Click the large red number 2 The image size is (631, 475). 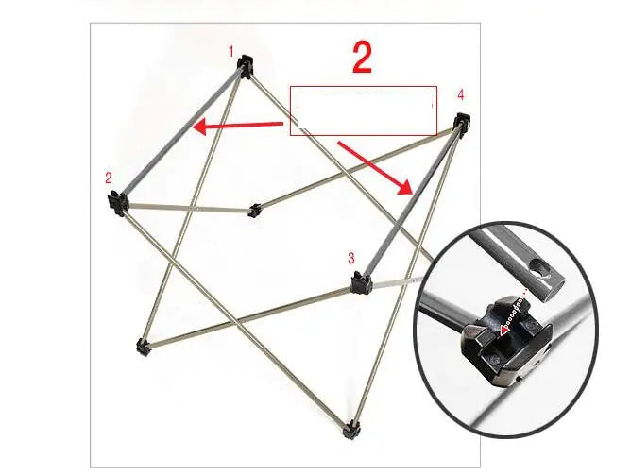pos(362,58)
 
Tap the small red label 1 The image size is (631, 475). pos(231,51)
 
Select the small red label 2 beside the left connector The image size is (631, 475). pos(109,178)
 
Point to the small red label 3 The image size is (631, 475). pos(350,258)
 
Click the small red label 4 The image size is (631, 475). pos(460,95)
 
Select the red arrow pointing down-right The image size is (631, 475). pos(377,167)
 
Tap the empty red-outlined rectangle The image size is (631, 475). pos(364,110)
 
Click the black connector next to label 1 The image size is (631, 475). pos(247,65)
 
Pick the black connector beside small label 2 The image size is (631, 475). pos(117,201)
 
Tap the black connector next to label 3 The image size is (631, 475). pos(359,282)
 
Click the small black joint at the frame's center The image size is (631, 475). pos(253,210)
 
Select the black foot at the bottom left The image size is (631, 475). pos(142,347)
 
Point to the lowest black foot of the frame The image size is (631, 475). pos(352,430)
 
